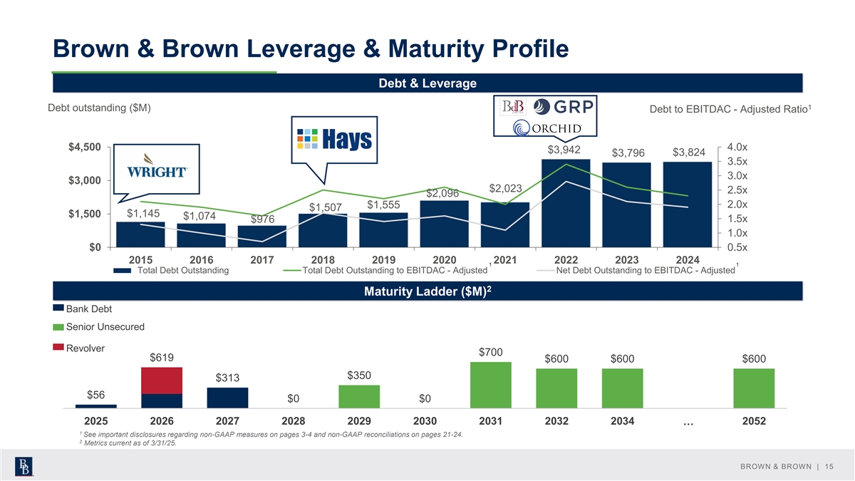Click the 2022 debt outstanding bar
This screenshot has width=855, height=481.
click(x=566, y=203)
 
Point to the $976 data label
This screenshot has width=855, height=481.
click(x=263, y=219)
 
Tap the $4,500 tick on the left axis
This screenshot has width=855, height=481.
click(x=84, y=148)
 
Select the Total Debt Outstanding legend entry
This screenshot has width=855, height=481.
click(x=182, y=270)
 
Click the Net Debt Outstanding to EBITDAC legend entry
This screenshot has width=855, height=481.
click(x=646, y=270)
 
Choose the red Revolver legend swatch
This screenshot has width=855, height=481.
click(x=58, y=348)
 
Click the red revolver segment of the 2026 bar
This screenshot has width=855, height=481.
click(x=162, y=381)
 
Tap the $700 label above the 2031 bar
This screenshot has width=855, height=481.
click(x=491, y=352)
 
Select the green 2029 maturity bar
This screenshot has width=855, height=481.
click(x=359, y=396)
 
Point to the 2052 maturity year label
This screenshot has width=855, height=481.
click(x=754, y=421)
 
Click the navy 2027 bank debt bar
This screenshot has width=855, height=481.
click(x=227, y=398)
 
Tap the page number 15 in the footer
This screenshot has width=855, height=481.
click(x=828, y=466)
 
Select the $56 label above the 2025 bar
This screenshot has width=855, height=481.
click(x=96, y=395)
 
